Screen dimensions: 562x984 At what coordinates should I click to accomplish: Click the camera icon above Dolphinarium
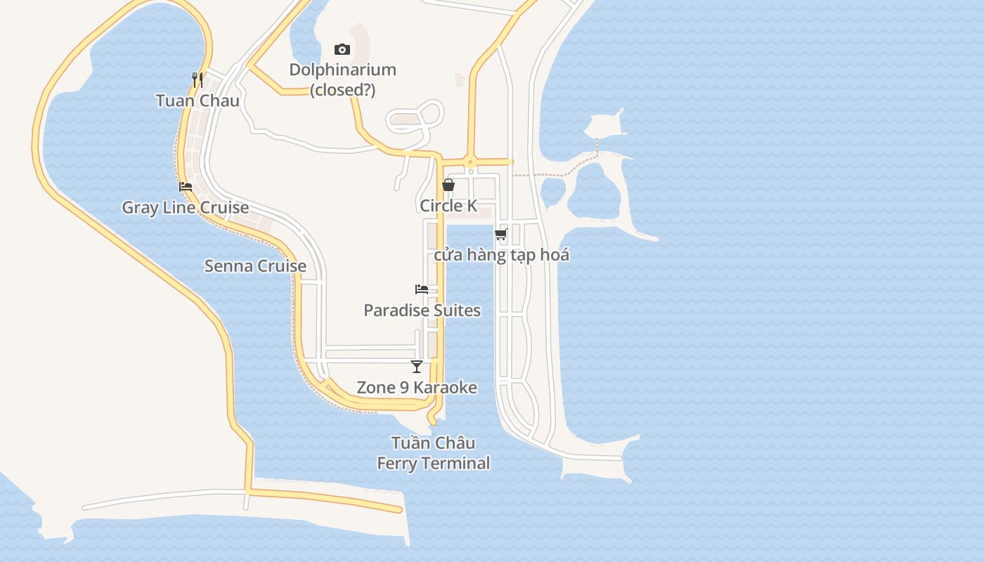coord(342,49)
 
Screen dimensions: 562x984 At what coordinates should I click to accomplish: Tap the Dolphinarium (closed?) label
coord(343,79)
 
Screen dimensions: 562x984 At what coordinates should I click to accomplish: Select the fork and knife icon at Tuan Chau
coord(198,79)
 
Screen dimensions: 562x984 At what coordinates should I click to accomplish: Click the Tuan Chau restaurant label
coord(198,100)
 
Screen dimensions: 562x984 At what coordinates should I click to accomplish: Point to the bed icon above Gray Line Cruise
coord(186,187)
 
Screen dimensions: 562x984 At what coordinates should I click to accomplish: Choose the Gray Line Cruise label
coord(186,207)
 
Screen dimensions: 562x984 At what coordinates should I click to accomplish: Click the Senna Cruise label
coord(255,266)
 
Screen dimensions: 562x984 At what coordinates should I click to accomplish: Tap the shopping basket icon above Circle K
coord(448,185)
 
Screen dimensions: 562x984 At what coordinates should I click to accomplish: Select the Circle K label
coord(448,205)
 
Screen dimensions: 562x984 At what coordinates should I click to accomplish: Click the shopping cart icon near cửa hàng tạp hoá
coord(501,234)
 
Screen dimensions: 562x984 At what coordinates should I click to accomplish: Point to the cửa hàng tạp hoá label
coord(501,254)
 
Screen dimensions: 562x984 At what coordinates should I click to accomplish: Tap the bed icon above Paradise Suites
coord(422,289)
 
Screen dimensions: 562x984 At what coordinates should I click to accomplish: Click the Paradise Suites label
coord(422,310)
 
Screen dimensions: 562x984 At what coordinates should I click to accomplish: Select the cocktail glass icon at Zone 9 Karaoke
coord(417,366)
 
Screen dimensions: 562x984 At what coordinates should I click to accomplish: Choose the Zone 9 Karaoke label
coord(417,387)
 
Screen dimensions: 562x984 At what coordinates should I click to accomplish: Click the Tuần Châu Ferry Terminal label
coord(433,453)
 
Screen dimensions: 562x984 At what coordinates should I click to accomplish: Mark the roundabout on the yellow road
coord(470,162)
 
